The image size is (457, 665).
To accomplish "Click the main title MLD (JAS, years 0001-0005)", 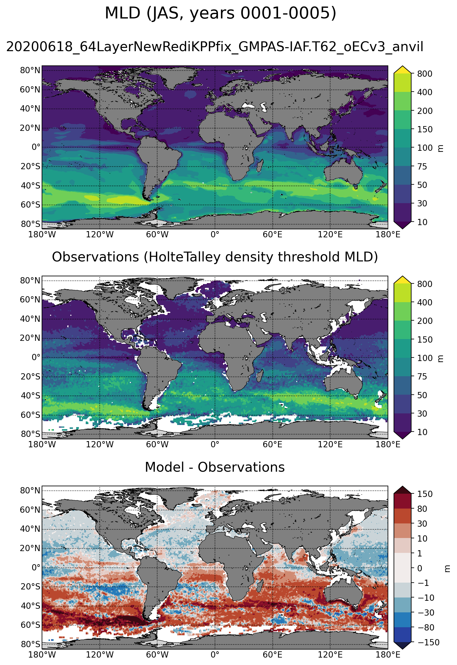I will (x=220, y=13).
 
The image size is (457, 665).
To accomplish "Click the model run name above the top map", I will (x=215, y=47).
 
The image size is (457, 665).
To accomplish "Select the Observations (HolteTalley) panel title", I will (x=215, y=257).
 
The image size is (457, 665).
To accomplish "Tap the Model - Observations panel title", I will (x=215, y=467).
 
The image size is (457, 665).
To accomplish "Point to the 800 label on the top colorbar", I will (x=425, y=73).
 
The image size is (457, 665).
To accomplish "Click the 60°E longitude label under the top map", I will (x=272, y=235).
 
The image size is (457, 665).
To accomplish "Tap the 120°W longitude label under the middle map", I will (x=100, y=445).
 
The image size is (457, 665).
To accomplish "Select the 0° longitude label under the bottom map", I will (x=215, y=655).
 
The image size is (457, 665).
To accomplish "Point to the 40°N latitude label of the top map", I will (x=30, y=109).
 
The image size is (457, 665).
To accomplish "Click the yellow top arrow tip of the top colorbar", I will (x=403, y=69).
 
